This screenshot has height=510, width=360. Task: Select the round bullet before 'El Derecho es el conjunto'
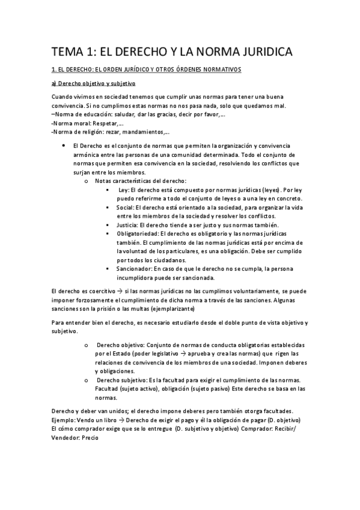[64, 146]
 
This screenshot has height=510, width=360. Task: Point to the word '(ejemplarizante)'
[173, 309]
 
